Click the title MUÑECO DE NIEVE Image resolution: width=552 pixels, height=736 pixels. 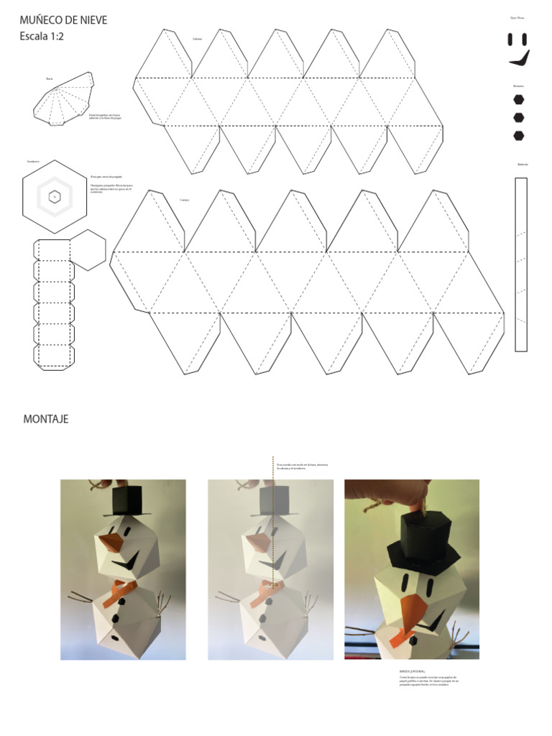(63, 20)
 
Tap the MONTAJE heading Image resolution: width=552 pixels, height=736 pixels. (46, 419)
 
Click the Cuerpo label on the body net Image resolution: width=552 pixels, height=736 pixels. (185, 200)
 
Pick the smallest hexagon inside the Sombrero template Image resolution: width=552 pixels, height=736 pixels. (54, 196)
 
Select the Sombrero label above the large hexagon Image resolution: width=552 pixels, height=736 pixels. (33, 162)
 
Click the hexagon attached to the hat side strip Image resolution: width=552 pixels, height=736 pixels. (88, 249)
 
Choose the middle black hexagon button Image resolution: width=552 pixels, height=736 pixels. (519, 117)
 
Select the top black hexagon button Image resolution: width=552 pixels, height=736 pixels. (519, 99)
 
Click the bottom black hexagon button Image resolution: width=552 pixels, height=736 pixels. (519, 135)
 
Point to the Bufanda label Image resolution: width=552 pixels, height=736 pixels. (523, 165)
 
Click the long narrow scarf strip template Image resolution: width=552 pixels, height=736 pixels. (521, 264)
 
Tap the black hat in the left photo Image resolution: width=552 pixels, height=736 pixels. (131, 500)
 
